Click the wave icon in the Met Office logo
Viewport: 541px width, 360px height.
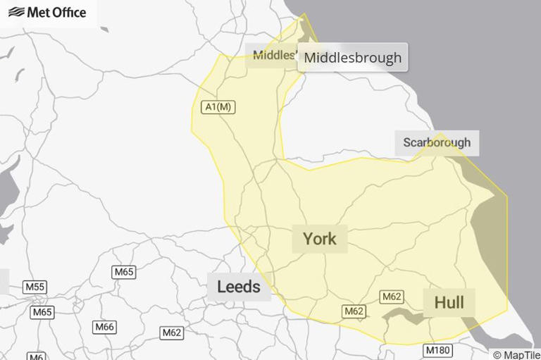pyautogui.click(x=15, y=13)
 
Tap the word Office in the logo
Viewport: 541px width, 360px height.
pyautogui.click(x=68, y=13)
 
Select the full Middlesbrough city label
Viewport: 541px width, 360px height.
pyautogui.click(x=353, y=57)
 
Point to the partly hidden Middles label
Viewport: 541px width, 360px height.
pyautogui.click(x=272, y=55)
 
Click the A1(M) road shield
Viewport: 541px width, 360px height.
pyautogui.click(x=218, y=107)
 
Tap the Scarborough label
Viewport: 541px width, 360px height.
pyautogui.click(x=437, y=142)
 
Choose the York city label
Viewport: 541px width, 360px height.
pyautogui.click(x=320, y=239)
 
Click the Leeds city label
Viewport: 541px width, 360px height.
pyautogui.click(x=239, y=286)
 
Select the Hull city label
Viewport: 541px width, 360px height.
pyautogui.click(x=449, y=303)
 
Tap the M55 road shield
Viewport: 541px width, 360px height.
pyautogui.click(x=35, y=287)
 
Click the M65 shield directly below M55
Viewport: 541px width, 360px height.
pyautogui.click(x=42, y=312)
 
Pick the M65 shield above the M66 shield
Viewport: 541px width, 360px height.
pyautogui.click(x=123, y=272)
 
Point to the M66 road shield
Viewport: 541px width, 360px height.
pyautogui.click(x=105, y=327)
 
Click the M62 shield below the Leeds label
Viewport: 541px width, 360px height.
pyautogui.click(x=171, y=333)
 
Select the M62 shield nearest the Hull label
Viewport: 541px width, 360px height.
pyautogui.click(x=392, y=297)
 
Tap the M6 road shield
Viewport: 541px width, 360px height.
pyautogui.click(x=36, y=356)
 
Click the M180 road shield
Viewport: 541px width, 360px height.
pyautogui.click(x=437, y=349)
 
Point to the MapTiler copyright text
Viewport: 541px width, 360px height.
pyautogui.click(x=516, y=355)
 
